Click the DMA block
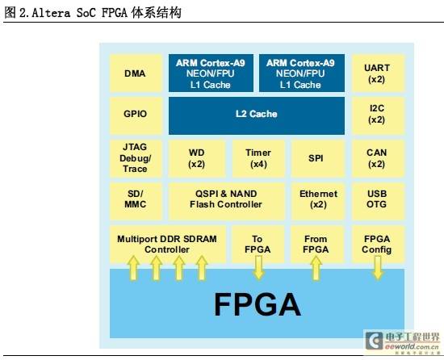coord(136,73)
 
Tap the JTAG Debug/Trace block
coord(136,158)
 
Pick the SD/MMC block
coord(136,201)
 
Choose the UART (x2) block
coord(378,73)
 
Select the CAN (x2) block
coord(378,158)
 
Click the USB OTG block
coord(378,201)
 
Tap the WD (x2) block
coord(197,158)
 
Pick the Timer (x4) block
coord(258,158)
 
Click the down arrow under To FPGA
coord(258,268)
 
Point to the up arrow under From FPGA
coord(316,268)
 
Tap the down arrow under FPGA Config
coord(378,268)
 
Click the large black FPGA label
coord(258,304)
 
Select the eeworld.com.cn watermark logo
coord(403,341)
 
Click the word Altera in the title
coord(51,13)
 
